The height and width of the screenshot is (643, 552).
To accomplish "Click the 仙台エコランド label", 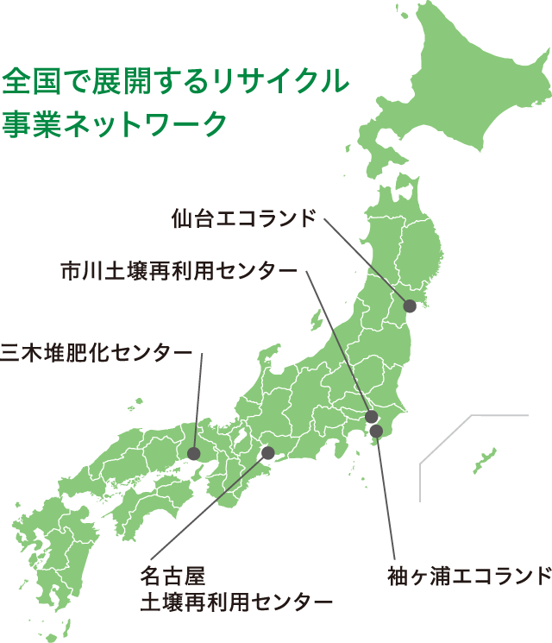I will [x=244, y=217].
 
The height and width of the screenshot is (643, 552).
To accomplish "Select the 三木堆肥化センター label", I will [x=96, y=352].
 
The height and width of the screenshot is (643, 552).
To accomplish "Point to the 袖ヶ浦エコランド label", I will [x=469, y=574].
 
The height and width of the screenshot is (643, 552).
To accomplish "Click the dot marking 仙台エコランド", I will [x=411, y=306].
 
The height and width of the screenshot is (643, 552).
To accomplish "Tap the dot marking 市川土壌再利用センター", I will [x=372, y=418].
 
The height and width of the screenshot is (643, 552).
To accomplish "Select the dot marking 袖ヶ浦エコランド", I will [x=376, y=430].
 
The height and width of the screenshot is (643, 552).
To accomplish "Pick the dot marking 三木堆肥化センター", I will [x=193, y=453].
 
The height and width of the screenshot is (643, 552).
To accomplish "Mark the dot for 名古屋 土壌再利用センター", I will [x=267, y=452].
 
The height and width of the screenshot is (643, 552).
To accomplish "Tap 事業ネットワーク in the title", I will [x=114, y=123].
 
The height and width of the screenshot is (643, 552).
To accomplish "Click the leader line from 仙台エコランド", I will [x=367, y=261].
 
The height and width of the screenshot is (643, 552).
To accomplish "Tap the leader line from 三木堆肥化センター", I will [x=198, y=401].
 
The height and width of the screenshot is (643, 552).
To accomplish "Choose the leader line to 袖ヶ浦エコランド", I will [x=386, y=496].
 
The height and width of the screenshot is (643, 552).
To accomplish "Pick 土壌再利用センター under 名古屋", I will [x=236, y=602].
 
